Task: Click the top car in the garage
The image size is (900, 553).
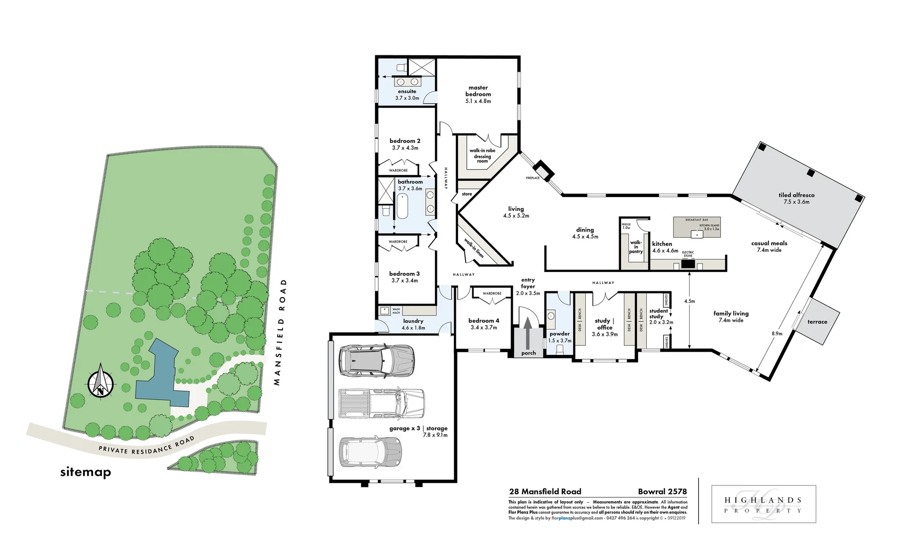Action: click(376, 360)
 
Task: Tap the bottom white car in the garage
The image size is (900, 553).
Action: click(370, 452)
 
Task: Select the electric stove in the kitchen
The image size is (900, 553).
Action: click(688, 264)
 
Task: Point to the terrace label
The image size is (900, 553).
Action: click(817, 322)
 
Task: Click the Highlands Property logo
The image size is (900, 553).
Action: click(763, 504)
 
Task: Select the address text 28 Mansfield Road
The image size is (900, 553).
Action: click(545, 492)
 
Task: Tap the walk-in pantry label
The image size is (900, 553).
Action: click(635, 247)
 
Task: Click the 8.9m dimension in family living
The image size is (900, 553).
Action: click(777, 333)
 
